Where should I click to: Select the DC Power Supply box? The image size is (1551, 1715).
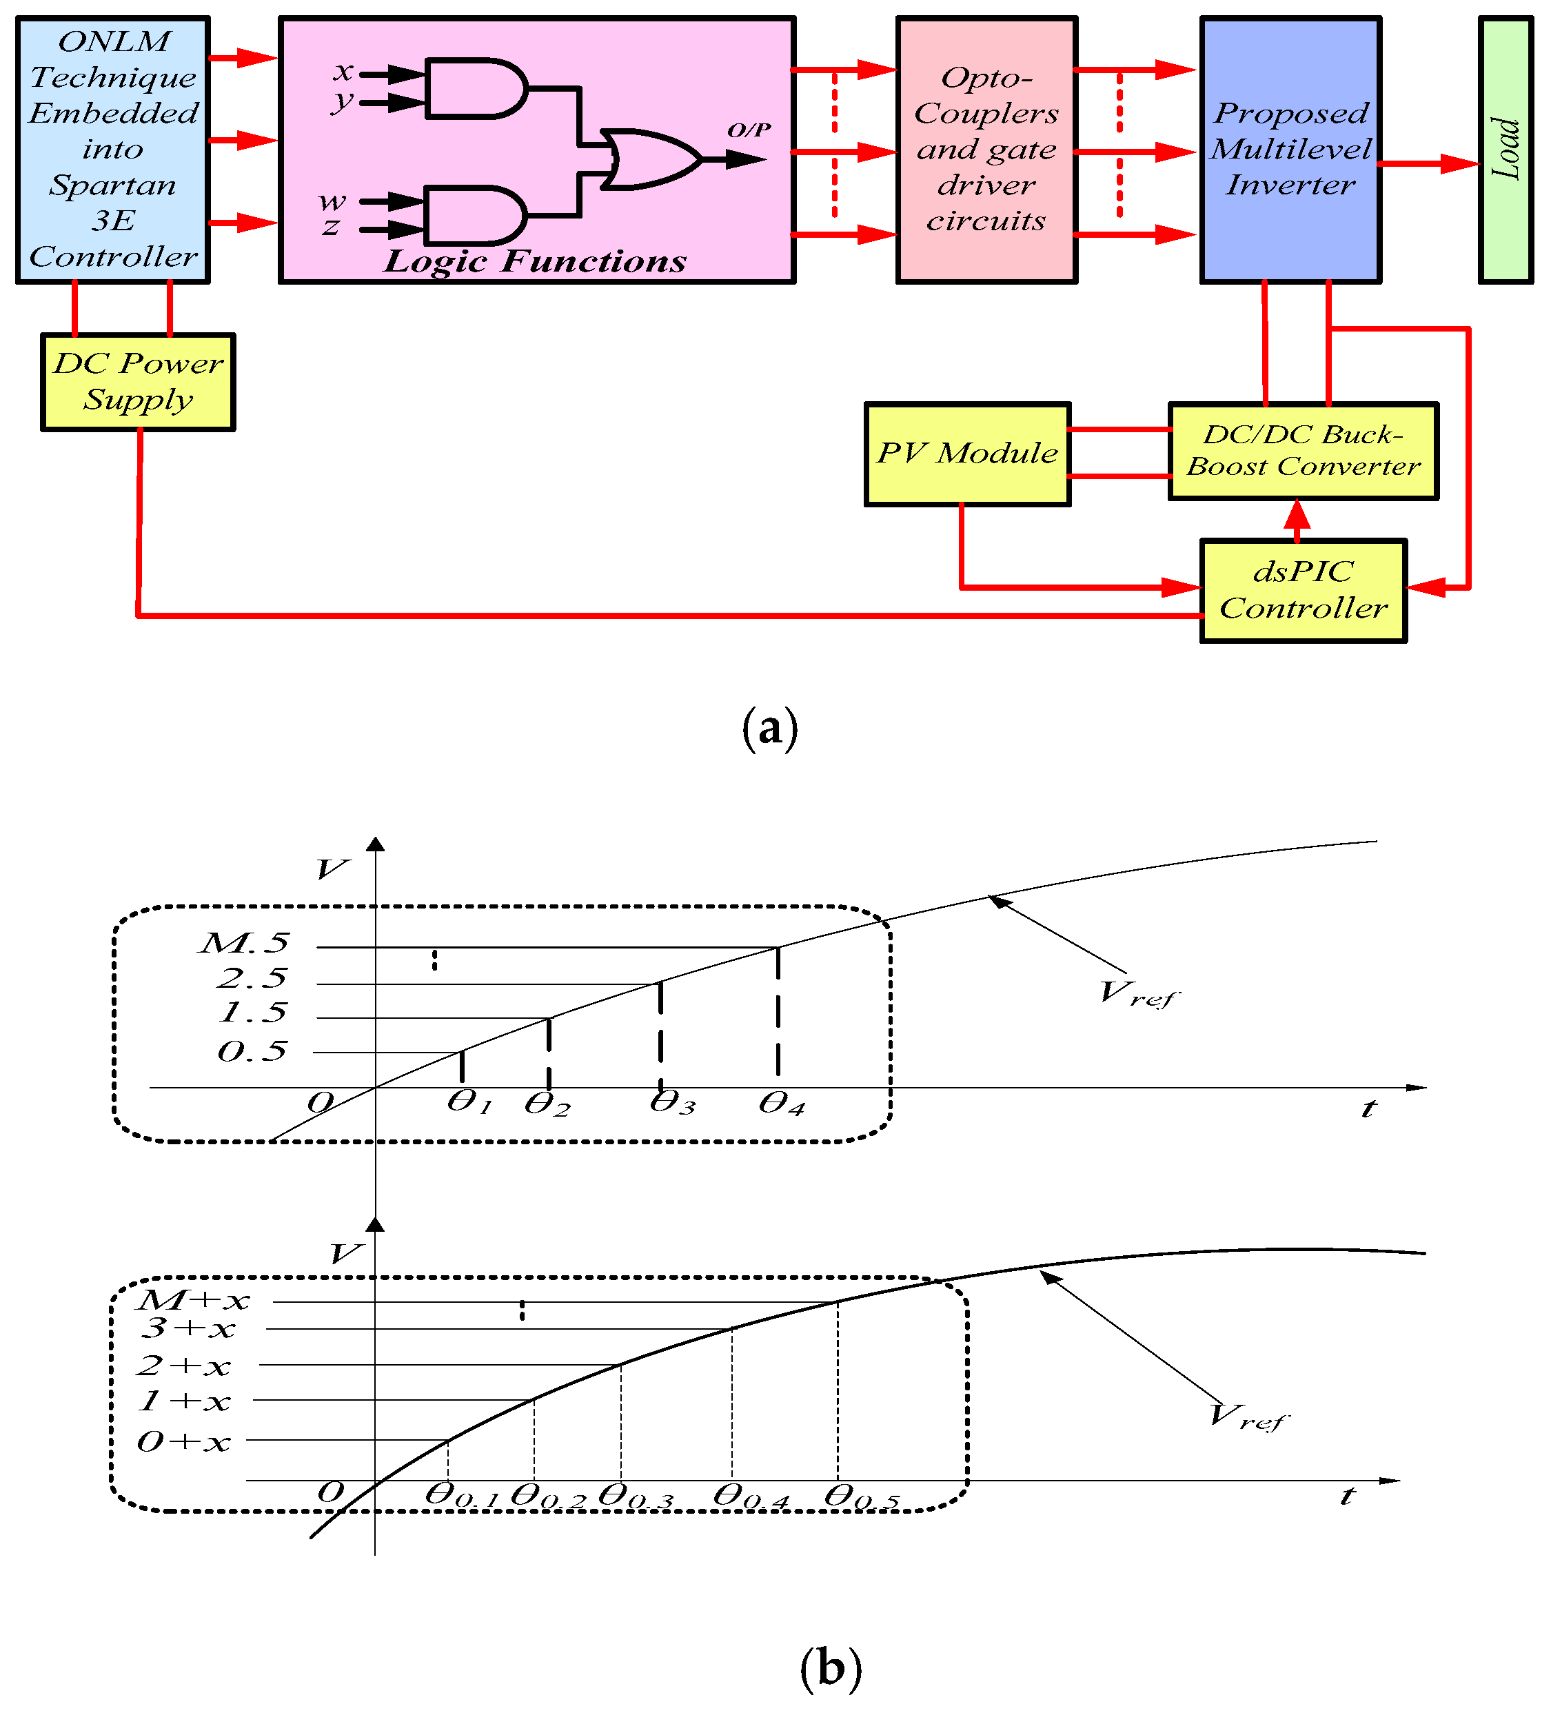click(138, 382)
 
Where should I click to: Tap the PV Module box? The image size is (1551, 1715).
click(966, 454)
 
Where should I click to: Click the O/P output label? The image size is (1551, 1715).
click(749, 130)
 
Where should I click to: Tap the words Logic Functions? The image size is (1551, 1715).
click(534, 261)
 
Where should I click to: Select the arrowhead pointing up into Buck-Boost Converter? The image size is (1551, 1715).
click(1297, 514)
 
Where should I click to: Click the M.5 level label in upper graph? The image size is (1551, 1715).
click(244, 942)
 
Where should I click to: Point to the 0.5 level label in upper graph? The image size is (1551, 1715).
click(252, 1051)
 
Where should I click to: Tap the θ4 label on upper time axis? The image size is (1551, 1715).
click(781, 1104)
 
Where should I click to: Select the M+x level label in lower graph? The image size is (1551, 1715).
click(194, 1300)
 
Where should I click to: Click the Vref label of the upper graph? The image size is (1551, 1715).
click(1138, 993)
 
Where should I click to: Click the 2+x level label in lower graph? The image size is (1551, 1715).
click(183, 1366)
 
